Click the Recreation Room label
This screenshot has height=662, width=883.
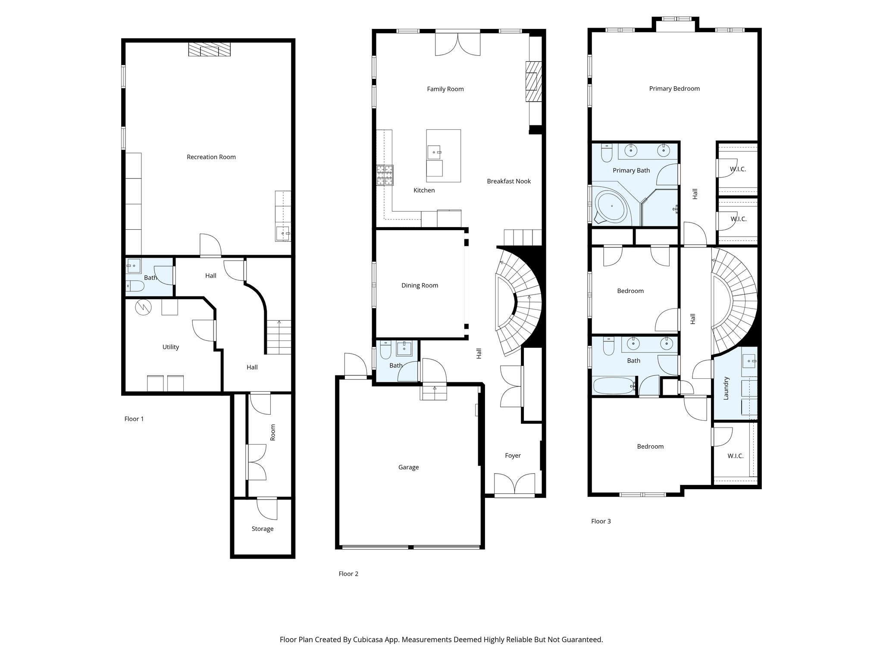tap(211, 157)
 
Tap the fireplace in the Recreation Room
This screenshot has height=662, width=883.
tap(210, 50)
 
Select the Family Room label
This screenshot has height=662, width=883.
tap(445, 89)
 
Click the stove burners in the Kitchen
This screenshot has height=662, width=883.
tap(385, 175)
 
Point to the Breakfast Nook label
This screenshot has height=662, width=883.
tap(509, 181)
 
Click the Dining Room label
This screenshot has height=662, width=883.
tap(420, 285)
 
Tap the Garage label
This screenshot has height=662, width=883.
tap(408, 467)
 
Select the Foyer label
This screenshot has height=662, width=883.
tap(513, 456)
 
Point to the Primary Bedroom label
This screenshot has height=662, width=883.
tap(674, 89)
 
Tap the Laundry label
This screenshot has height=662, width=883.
tap(726, 388)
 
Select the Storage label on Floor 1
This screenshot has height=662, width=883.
tap(262, 529)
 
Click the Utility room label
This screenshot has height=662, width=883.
tap(170, 347)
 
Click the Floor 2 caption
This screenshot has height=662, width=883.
tap(348, 574)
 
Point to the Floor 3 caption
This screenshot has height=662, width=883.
tap(601, 521)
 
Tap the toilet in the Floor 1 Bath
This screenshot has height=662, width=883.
tap(136, 286)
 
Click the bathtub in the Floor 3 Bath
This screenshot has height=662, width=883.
tap(612, 385)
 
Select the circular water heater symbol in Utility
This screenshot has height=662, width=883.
tap(143, 307)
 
